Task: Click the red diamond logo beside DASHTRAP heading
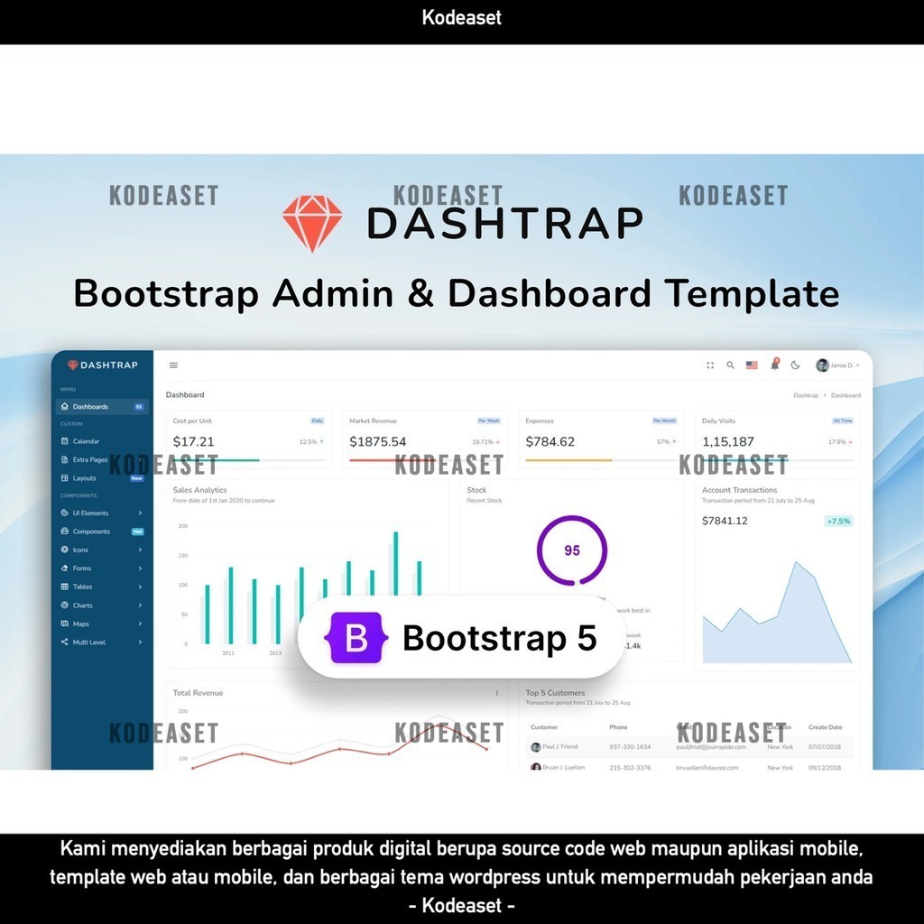[x=312, y=223]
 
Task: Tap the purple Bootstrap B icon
[x=356, y=638]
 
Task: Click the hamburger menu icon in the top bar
[x=173, y=365]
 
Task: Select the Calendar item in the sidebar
[x=86, y=441]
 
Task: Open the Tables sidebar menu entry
[x=82, y=587]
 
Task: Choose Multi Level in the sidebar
[x=88, y=642]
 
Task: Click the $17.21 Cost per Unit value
[x=194, y=442]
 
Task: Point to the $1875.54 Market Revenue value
[x=377, y=442]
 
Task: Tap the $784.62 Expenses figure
[x=550, y=442]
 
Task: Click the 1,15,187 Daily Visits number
[x=727, y=442]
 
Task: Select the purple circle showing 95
[x=571, y=550]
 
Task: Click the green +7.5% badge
[x=838, y=522]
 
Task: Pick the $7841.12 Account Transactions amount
[x=725, y=521]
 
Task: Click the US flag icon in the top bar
[x=752, y=365]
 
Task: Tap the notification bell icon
[x=774, y=365]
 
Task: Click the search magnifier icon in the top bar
[x=731, y=365]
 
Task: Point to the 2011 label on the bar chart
[x=228, y=652]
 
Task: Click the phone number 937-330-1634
[x=630, y=747]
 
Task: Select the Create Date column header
[x=825, y=727]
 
